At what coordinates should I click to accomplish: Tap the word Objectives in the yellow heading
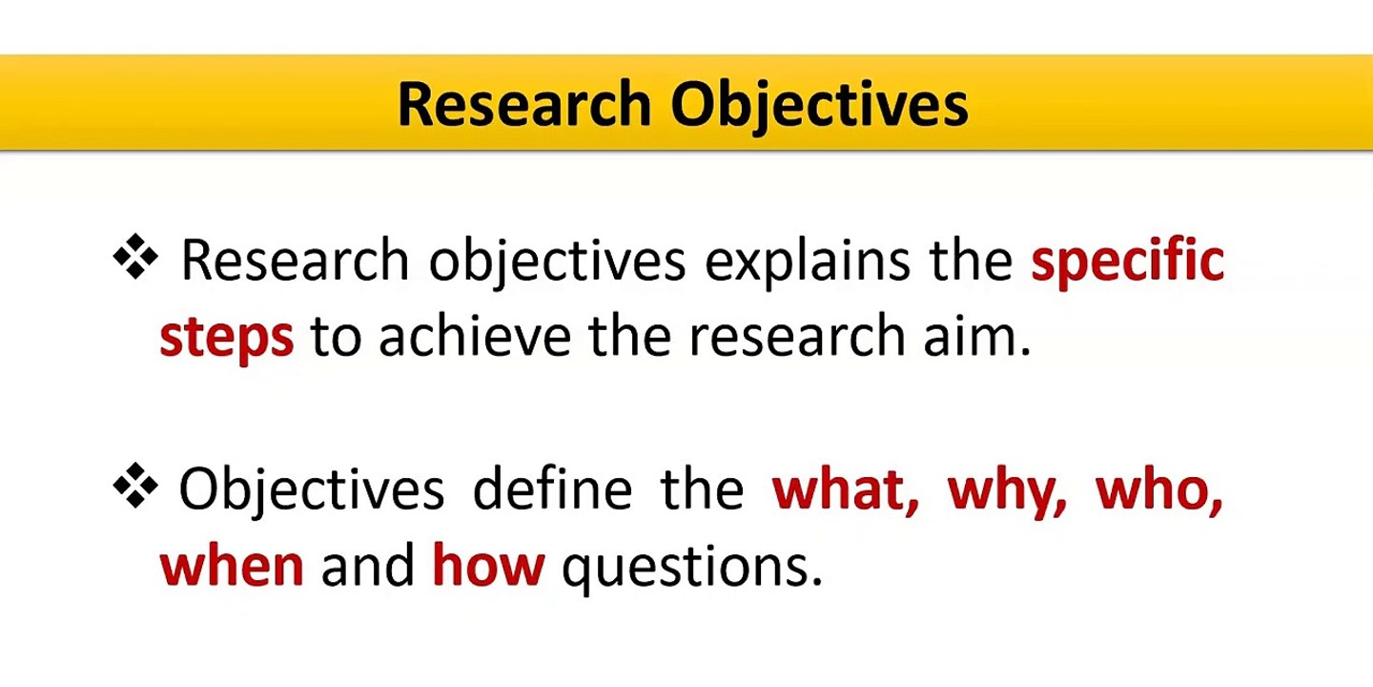(819, 104)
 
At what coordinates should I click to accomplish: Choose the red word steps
(227, 338)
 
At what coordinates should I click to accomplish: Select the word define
(552, 489)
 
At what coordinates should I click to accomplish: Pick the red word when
(232, 565)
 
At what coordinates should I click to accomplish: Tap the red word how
(488, 565)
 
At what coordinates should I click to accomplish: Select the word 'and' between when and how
(368, 565)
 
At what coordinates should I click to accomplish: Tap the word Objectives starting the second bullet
(312, 489)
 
